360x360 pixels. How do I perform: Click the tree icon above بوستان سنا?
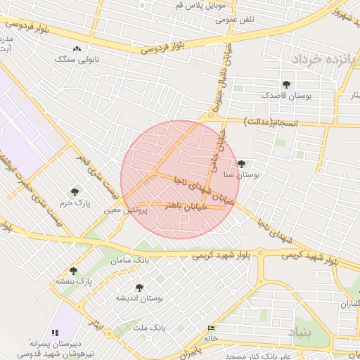click(x=243, y=164)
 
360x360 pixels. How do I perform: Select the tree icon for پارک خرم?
click(x=75, y=192)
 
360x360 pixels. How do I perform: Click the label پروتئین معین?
click(x=126, y=210)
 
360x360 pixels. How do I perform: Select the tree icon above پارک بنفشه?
click(x=74, y=271)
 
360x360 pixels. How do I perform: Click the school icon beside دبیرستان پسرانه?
click(x=55, y=332)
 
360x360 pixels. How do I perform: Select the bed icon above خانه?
click(x=212, y=328)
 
